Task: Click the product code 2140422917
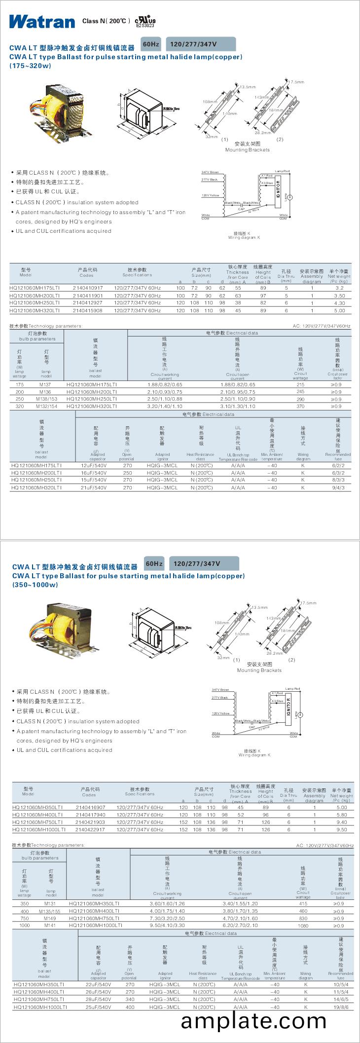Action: (90, 830)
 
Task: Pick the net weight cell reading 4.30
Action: (339, 303)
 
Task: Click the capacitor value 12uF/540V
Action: (94, 466)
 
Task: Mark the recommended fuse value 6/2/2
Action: (338, 466)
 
